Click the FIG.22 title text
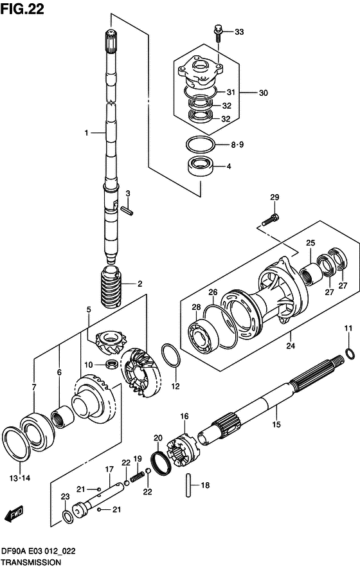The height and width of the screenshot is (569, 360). (22, 8)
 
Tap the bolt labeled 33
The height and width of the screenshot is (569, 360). (218, 33)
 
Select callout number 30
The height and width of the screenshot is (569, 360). (263, 93)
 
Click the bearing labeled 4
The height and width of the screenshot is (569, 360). (201, 167)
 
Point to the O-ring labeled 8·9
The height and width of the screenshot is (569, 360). (200, 145)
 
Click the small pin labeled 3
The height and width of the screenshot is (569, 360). (127, 210)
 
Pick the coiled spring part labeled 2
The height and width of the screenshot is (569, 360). (112, 287)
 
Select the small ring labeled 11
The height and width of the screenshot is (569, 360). (350, 353)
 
